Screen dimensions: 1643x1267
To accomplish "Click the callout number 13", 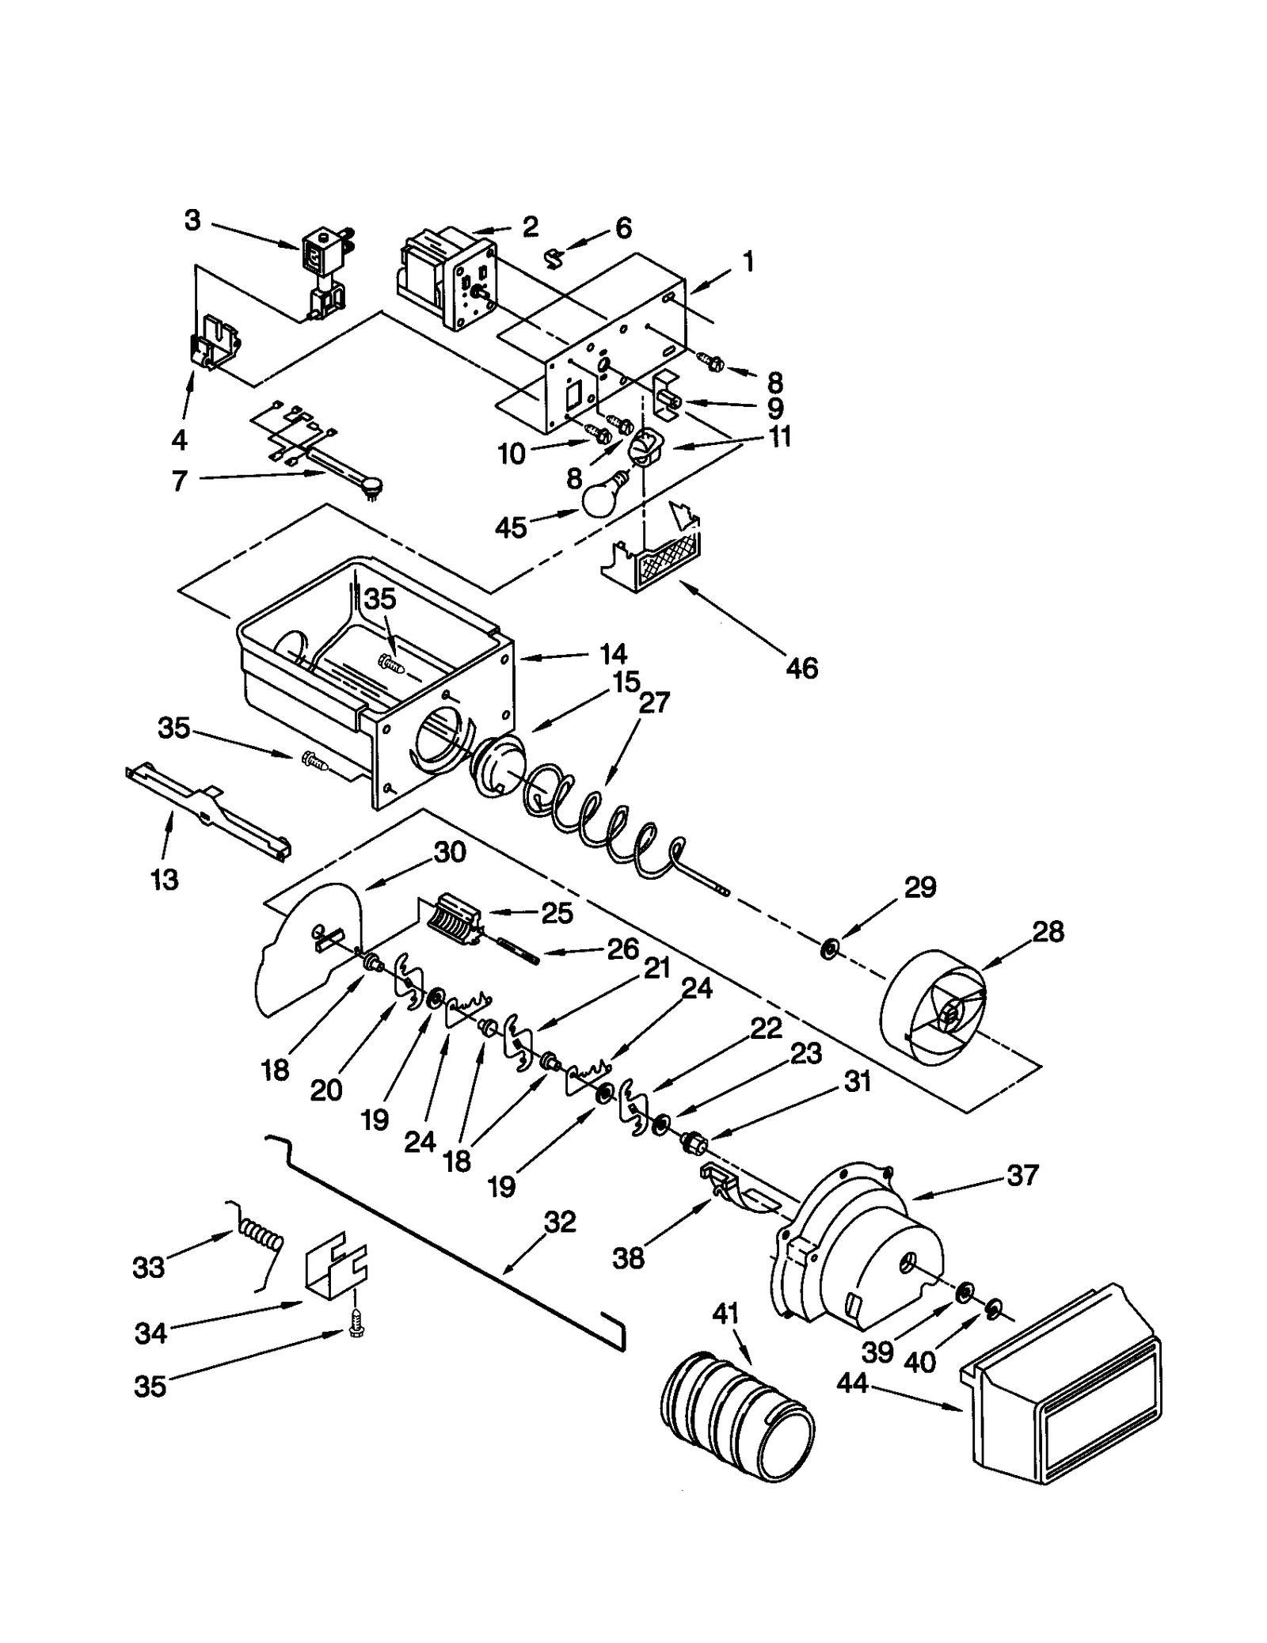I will [x=165, y=879].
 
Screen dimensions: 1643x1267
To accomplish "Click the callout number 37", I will [x=1022, y=1174].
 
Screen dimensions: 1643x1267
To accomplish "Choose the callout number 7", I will [x=180, y=481].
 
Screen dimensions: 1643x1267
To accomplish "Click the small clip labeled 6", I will [x=556, y=256].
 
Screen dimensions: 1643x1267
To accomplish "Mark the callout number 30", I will [x=449, y=853].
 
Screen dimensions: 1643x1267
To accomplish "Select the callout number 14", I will [x=613, y=653].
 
